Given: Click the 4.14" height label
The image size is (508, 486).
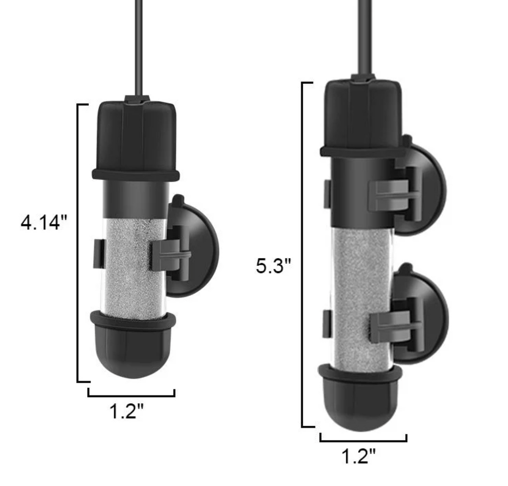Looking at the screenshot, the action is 44,223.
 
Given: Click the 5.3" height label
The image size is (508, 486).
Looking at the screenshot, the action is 273,266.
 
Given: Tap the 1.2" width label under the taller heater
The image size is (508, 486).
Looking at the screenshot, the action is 358,456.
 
